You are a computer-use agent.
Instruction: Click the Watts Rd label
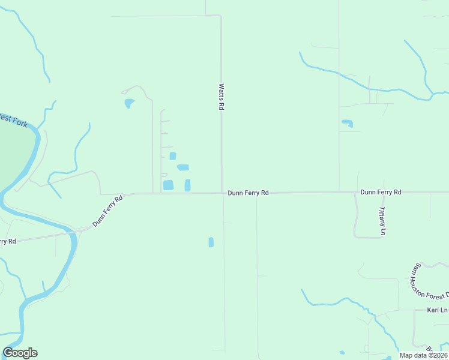click(221, 97)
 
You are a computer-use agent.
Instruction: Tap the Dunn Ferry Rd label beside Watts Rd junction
click(248, 193)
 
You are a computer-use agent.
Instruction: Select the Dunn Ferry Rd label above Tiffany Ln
click(381, 192)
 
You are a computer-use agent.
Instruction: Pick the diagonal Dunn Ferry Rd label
click(108, 211)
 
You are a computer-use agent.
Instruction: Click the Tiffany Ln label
click(382, 221)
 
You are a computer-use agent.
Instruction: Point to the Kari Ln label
click(438, 310)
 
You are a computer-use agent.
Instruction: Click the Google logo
click(20, 353)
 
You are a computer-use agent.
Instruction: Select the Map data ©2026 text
click(423, 355)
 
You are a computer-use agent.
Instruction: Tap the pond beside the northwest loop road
click(128, 103)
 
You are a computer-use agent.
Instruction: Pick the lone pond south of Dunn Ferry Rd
click(211, 242)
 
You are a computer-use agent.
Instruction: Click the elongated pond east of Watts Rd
click(347, 124)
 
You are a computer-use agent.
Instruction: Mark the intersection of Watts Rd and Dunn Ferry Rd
click(221, 193)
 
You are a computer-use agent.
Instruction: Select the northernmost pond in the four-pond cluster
click(173, 156)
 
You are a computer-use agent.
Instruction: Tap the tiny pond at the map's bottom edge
click(342, 353)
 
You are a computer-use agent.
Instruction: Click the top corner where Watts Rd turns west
click(221, 16)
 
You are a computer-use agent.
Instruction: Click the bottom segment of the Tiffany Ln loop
click(369, 238)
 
